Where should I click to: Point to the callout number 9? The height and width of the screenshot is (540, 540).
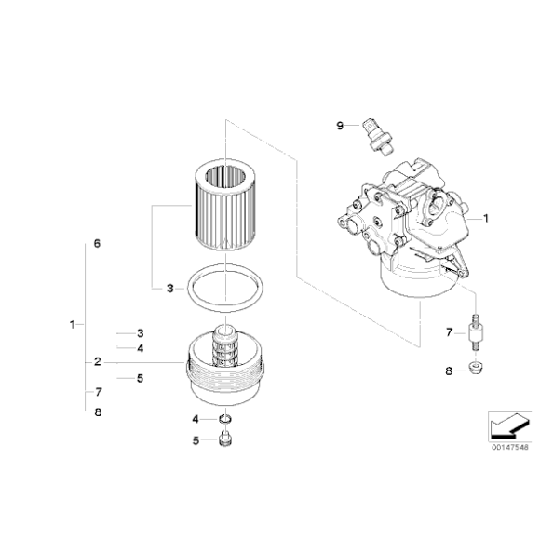point(341,125)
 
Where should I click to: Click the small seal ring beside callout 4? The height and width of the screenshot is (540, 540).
point(224,419)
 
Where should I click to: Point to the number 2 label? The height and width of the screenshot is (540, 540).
point(97,361)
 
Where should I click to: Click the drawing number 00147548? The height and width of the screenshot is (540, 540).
point(509,447)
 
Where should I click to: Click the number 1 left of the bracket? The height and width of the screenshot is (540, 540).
point(72,325)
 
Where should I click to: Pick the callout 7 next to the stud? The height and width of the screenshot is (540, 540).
point(449,332)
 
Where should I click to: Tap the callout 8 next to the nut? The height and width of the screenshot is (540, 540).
point(448,371)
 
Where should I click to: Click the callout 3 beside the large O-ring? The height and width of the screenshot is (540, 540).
point(169,289)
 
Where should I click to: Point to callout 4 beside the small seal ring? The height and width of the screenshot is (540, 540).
point(196,419)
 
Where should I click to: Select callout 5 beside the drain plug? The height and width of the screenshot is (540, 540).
point(196,439)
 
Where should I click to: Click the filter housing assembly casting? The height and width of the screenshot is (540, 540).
point(410,233)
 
